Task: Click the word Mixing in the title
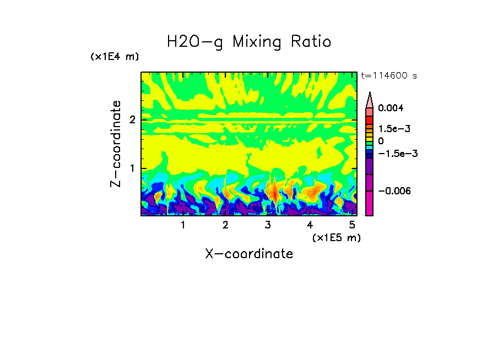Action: click(258, 42)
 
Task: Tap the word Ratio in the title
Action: click(312, 41)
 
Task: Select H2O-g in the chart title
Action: click(195, 42)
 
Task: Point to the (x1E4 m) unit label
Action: click(115, 57)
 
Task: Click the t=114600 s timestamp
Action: click(388, 76)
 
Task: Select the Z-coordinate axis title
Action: click(116, 144)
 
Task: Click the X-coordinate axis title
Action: click(249, 254)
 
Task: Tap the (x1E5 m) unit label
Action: click(336, 237)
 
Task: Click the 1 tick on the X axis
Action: click(183, 225)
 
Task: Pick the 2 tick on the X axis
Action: click(225, 225)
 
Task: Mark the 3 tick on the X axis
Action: click(268, 225)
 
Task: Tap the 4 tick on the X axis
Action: click(310, 225)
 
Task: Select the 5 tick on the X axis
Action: click(352, 225)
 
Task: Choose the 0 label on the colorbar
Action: click(381, 141)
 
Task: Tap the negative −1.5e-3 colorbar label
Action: click(397, 154)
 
